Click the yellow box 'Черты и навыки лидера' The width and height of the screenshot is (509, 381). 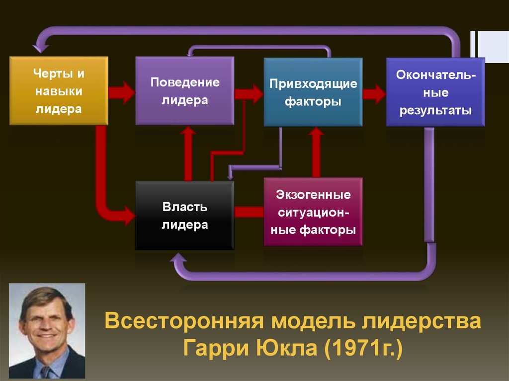(x=59, y=90)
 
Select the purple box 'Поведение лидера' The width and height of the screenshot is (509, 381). (x=184, y=90)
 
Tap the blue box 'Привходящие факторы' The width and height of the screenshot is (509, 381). (x=313, y=92)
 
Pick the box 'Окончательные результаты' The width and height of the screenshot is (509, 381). (x=435, y=92)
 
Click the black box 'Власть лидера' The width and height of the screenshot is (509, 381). (x=184, y=216)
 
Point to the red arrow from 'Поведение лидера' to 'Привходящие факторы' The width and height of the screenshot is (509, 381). (x=249, y=93)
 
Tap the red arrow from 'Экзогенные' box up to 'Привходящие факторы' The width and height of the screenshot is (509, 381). (x=315, y=152)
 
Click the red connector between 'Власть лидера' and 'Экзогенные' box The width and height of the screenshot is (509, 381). (x=249, y=212)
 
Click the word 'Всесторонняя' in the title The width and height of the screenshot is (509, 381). (x=183, y=321)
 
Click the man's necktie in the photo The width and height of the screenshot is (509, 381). (x=46, y=371)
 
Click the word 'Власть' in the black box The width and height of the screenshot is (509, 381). (x=184, y=207)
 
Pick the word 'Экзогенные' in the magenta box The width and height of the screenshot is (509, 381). (x=313, y=194)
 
